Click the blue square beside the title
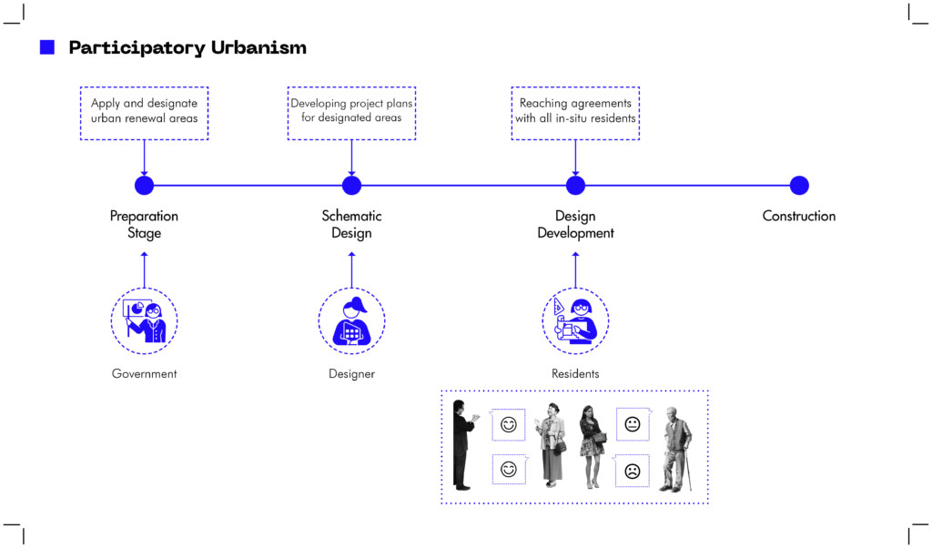[47, 47]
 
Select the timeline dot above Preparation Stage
[144, 186]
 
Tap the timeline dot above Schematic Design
[351, 186]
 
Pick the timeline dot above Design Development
[575, 186]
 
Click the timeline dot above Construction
[799, 186]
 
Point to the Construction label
[798, 216]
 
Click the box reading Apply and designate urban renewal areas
[144, 113]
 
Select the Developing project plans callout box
[351, 113]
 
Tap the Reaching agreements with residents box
[575, 113]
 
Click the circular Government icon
[144, 320]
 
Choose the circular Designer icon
[351, 320]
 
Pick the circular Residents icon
[575, 320]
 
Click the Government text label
[144, 374]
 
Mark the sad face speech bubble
[632, 471]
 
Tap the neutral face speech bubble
[632, 424]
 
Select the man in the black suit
[462, 444]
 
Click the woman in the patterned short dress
[592, 446]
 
